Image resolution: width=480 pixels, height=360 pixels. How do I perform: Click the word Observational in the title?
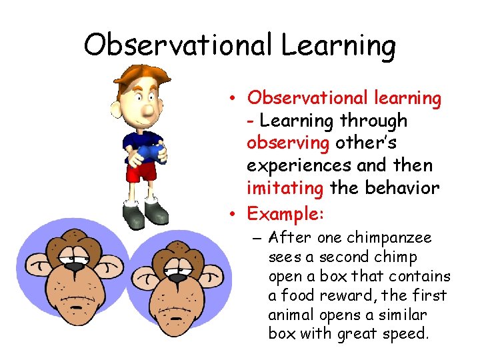(x=178, y=45)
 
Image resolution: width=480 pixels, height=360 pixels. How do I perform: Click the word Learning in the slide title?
(x=338, y=45)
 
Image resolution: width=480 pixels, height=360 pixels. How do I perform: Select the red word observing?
(x=288, y=143)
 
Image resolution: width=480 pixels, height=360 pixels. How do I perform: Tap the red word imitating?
(x=285, y=188)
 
